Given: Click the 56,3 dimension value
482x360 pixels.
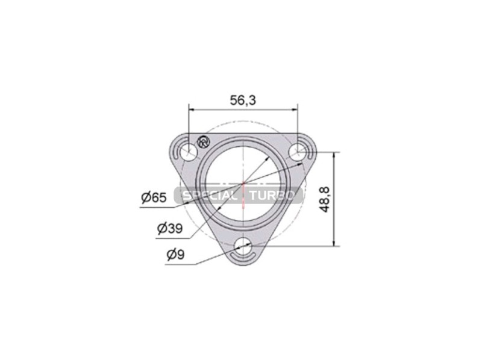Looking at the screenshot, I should click(x=243, y=101).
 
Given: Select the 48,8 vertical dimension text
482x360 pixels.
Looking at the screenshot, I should click(x=325, y=199).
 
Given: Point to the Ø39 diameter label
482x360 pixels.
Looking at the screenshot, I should click(x=170, y=228).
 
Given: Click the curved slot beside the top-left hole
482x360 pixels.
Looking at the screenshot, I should click(x=176, y=150).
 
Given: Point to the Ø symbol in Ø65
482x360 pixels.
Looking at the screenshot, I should click(x=145, y=197).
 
